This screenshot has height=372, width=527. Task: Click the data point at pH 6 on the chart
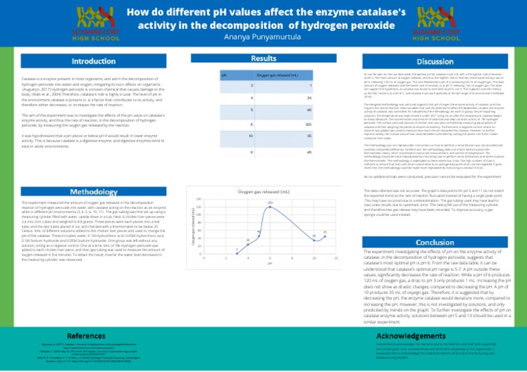(x=270, y=206)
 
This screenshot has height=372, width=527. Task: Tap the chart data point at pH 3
(x=237, y=253)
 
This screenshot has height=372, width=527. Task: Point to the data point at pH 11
(x=325, y=236)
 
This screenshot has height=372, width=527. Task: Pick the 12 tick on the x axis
(x=336, y=258)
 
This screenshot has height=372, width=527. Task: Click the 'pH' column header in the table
(x=224, y=74)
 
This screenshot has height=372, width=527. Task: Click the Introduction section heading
(x=94, y=62)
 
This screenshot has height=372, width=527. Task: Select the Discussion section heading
(x=438, y=62)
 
